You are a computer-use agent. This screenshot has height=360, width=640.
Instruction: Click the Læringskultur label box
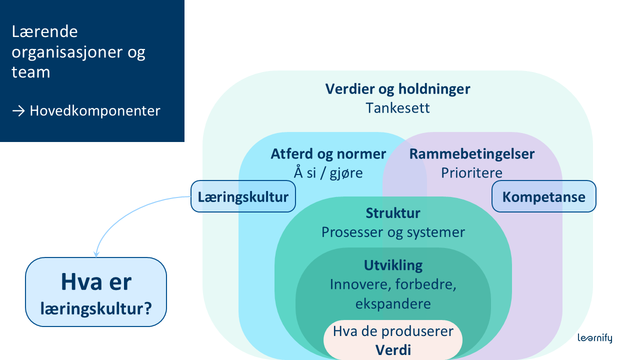pos(243,196)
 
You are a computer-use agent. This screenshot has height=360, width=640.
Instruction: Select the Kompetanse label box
pos(543,196)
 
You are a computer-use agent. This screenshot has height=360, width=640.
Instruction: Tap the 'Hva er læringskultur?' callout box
pos(96,292)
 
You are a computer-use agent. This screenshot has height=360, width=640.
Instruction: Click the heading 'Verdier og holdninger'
pos(397,89)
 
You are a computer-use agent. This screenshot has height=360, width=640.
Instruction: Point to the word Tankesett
pos(397,108)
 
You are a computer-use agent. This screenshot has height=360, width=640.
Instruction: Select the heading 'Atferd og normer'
pos(328,153)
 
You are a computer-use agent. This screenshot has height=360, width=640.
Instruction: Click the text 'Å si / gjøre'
pos(328,172)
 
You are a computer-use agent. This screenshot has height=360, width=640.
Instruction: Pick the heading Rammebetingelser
pos(471,153)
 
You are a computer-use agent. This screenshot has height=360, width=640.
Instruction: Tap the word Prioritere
pos(471,172)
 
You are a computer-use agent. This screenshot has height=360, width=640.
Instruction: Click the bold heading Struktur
pos(393,213)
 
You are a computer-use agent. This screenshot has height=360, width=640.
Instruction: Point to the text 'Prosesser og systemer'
pos(393,232)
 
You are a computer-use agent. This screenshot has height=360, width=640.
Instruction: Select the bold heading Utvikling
pos(393,264)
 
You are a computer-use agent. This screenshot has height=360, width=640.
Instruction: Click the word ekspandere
pos(393,303)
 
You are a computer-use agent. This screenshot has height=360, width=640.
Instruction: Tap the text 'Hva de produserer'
pos(393,331)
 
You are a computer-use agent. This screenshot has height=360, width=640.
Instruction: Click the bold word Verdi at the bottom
pos(393,349)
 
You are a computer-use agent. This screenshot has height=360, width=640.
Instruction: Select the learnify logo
pos(594,338)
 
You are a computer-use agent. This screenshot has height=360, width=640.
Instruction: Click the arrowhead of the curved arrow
pos(96,253)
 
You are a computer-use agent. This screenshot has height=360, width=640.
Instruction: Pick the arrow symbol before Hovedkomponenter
pos(18,110)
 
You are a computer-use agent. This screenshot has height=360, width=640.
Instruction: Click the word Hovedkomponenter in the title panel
pos(95,110)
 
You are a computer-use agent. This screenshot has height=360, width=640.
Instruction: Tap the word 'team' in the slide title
pos(31,72)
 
